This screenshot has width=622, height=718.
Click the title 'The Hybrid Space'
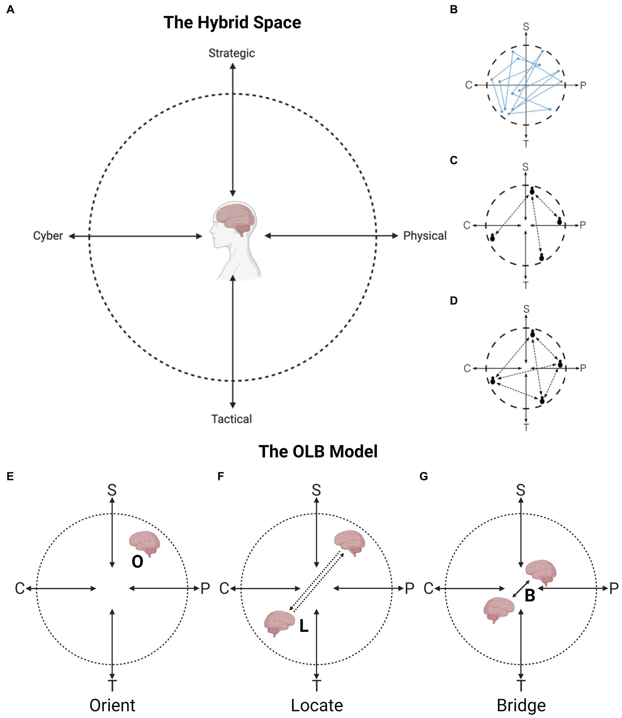coord(232,23)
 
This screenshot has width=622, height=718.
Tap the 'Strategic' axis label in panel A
coord(232,53)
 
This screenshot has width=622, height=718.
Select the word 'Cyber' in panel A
coord(48,236)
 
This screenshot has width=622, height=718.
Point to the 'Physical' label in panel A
coord(425,236)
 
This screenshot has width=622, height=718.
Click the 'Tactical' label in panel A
coord(231,419)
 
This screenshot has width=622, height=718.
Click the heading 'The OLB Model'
coord(318,451)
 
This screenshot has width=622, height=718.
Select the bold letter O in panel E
coord(137,562)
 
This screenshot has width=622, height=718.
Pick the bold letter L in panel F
coord(304,626)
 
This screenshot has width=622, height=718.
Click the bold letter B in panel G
coord(530,596)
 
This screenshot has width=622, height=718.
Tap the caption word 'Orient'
coord(112,705)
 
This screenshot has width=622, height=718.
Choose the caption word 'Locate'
coord(317,705)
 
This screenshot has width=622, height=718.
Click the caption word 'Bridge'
coord(521,705)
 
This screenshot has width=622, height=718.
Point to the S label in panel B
coord(526,27)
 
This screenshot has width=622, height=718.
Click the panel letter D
coord(454,300)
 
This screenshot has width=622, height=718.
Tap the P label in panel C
coord(583,225)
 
